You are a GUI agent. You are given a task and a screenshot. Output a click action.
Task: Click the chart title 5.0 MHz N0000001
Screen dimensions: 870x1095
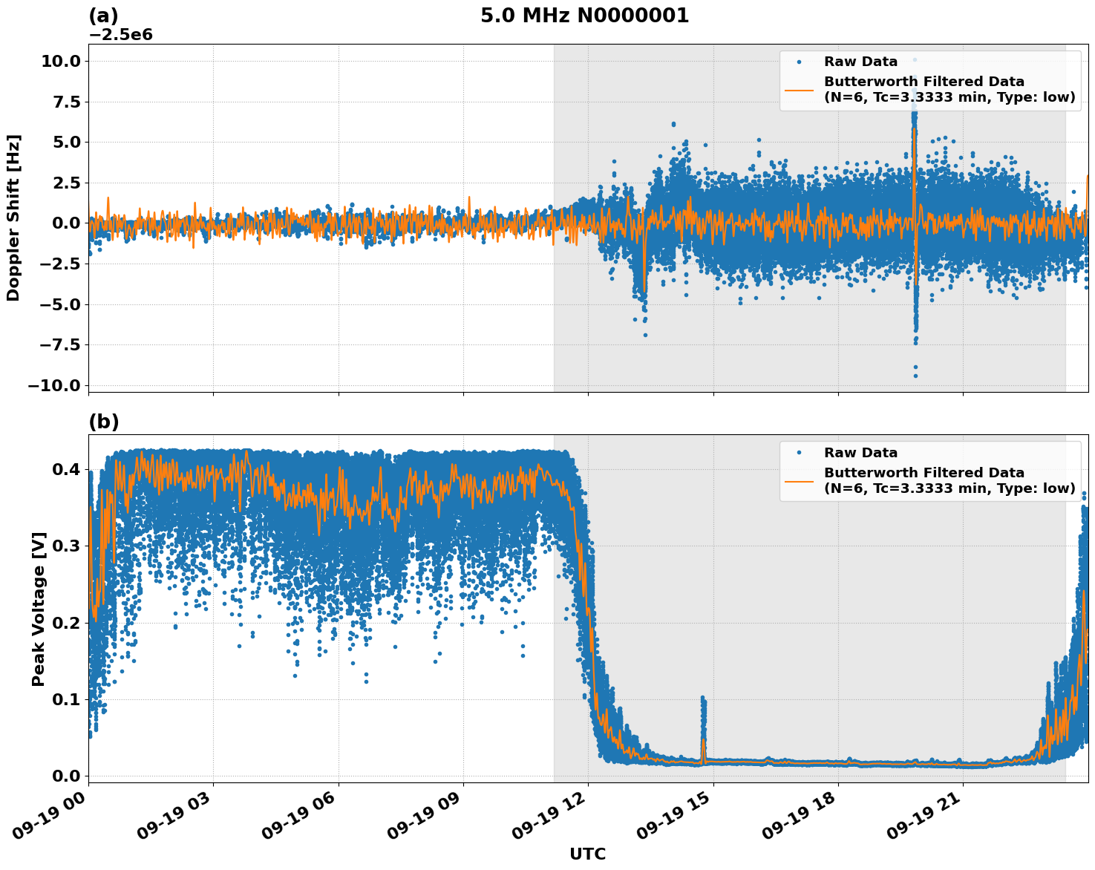[x=584, y=16]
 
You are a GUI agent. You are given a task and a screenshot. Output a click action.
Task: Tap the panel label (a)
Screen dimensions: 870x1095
[x=103, y=16]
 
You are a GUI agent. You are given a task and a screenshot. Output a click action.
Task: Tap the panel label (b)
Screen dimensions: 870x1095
[x=103, y=422]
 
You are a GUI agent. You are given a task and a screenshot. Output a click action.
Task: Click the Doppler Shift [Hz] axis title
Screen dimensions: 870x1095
[x=13, y=218]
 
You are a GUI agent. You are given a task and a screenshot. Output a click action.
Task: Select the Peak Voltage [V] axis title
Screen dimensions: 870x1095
[x=39, y=609]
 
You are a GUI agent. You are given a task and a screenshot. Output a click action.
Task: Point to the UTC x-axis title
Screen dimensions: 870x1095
[x=587, y=854]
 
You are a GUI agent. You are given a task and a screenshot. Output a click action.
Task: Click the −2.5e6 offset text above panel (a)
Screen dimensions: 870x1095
[x=120, y=35]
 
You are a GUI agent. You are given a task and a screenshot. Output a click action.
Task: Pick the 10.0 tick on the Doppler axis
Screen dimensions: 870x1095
[x=61, y=61]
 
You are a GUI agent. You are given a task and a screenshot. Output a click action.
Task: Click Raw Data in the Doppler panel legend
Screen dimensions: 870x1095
[x=860, y=62]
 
